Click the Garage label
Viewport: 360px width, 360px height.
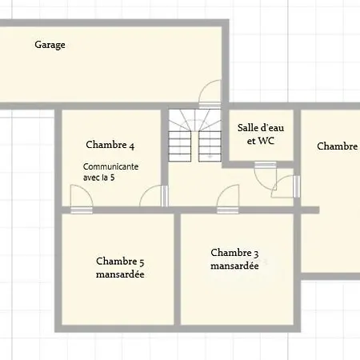50,45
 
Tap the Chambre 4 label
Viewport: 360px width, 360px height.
110,145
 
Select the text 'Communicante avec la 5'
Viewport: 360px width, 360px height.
110,172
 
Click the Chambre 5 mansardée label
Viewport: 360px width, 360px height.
120,267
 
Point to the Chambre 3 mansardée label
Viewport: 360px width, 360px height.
234,259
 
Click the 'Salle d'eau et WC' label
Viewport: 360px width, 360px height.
261,134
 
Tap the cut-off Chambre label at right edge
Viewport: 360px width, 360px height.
338,146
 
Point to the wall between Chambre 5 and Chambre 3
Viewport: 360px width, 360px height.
178,270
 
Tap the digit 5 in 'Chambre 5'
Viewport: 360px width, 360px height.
142,262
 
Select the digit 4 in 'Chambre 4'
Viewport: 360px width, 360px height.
132,146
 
